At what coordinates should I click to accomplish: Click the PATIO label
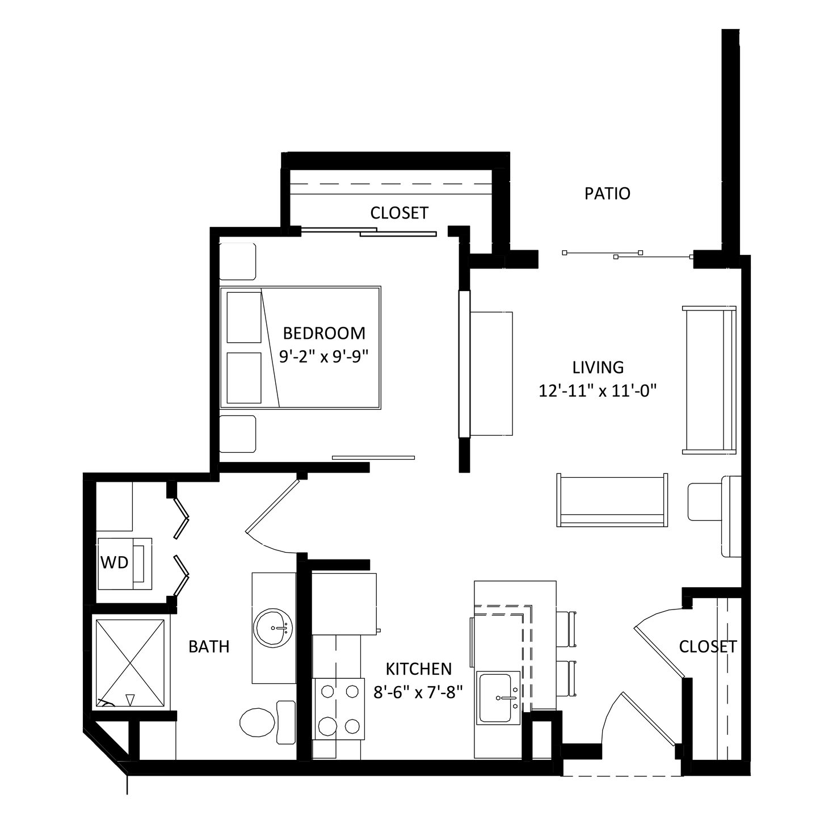pyautogui.click(x=607, y=194)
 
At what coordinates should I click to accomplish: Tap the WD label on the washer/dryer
pyautogui.click(x=115, y=562)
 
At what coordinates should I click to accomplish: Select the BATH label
pyautogui.click(x=209, y=646)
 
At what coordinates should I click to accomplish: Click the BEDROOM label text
pyautogui.click(x=324, y=333)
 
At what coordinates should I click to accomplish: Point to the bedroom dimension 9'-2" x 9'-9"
pyautogui.click(x=323, y=356)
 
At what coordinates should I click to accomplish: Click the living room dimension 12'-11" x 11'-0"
pyautogui.click(x=598, y=390)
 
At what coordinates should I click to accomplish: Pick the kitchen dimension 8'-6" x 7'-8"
pyautogui.click(x=418, y=692)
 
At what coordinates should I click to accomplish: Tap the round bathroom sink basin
pyautogui.click(x=273, y=628)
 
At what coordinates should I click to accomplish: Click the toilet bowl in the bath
pyautogui.click(x=258, y=722)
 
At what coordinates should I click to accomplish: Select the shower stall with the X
pyautogui.click(x=130, y=663)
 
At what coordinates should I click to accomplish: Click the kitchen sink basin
pyautogui.click(x=495, y=698)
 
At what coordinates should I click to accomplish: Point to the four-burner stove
pyautogui.click(x=339, y=709)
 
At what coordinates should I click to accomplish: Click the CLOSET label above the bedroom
pyautogui.click(x=399, y=213)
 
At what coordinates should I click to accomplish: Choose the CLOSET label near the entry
pyautogui.click(x=708, y=646)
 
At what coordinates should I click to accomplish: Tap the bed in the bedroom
pyautogui.click(x=300, y=348)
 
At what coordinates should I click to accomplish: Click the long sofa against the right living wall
pyautogui.click(x=709, y=380)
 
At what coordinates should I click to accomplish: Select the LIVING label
pyautogui.click(x=598, y=367)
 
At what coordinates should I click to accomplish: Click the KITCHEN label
pyautogui.click(x=419, y=670)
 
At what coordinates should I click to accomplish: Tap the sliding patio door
pyautogui.click(x=628, y=255)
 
